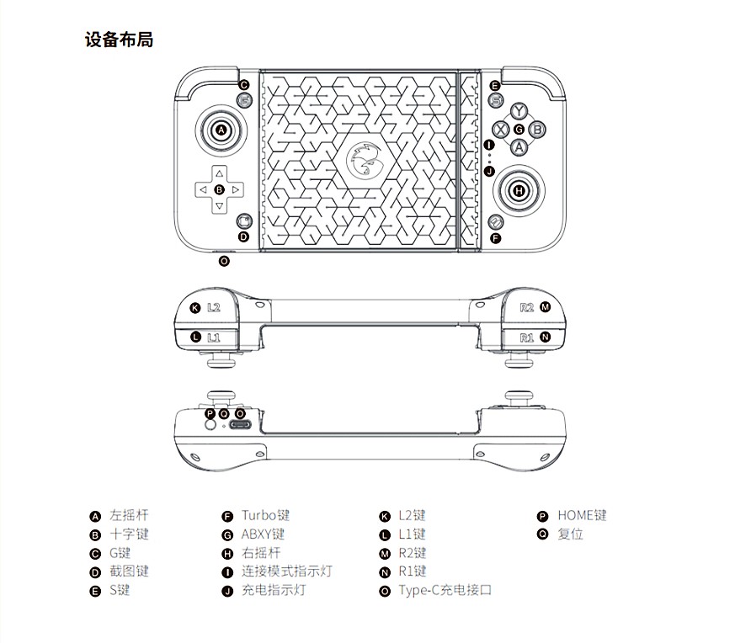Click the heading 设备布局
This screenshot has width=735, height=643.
coord(119,40)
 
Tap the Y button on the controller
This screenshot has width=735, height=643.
coord(519,112)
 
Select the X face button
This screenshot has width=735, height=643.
coord(500,129)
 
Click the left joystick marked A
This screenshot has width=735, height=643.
coord(221,130)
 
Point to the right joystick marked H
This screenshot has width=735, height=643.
coord(519,191)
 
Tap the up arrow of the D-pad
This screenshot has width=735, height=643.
coord(219,174)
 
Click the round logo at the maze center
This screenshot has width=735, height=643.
coord(365,160)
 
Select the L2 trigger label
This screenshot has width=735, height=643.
coord(213,308)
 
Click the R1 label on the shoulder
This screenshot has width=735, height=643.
coord(527,337)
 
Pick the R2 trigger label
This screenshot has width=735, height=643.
coord(527,307)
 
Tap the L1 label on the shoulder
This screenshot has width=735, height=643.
coord(213,337)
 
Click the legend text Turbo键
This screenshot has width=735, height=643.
coord(265,516)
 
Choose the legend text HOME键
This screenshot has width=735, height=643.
coord(582,516)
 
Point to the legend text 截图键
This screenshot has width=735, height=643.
coord(129,571)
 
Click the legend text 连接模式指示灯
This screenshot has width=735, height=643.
coord(286,571)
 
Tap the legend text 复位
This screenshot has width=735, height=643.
coord(570,534)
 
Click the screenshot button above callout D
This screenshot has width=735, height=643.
coord(244,221)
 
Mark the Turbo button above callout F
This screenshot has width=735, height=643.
coord(496,221)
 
